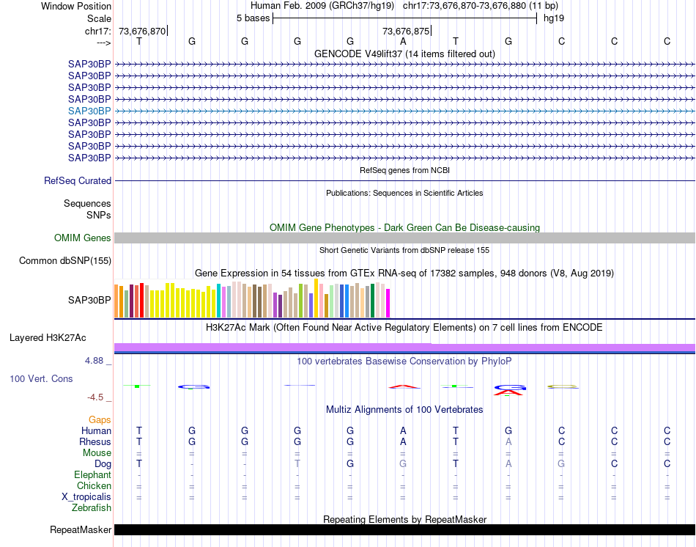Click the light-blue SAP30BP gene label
pyautogui.click(x=89, y=111)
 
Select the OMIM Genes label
pyautogui.click(x=83, y=238)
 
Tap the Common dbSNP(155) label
pyautogui.click(x=65, y=261)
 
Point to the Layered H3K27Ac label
pyautogui.click(x=48, y=338)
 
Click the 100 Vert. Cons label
pyautogui.click(x=42, y=379)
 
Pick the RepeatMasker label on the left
pyautogui.click(x=81, y=530)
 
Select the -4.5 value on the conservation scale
pyautogui.click(x=97, y=397)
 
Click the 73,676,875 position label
pyautogui.click(x=405, y=31)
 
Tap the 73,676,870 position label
pyautogui.click(x=142, y=31)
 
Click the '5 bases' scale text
pyautogui.click(x=253, y=18)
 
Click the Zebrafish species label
pyautogui.click(x=92, y=508)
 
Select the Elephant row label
pyautogui.click(x=92, y=475)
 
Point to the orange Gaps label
pyautogui.click(x=100, y=420)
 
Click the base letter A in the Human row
pyautogui.click(x=403, y=431)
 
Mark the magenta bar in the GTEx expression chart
pyautogui.click(x=388, y=304)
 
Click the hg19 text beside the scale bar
pyautogui.click(x=553, y=18)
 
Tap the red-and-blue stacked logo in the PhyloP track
pyautogui.click(x=508, y=389)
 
